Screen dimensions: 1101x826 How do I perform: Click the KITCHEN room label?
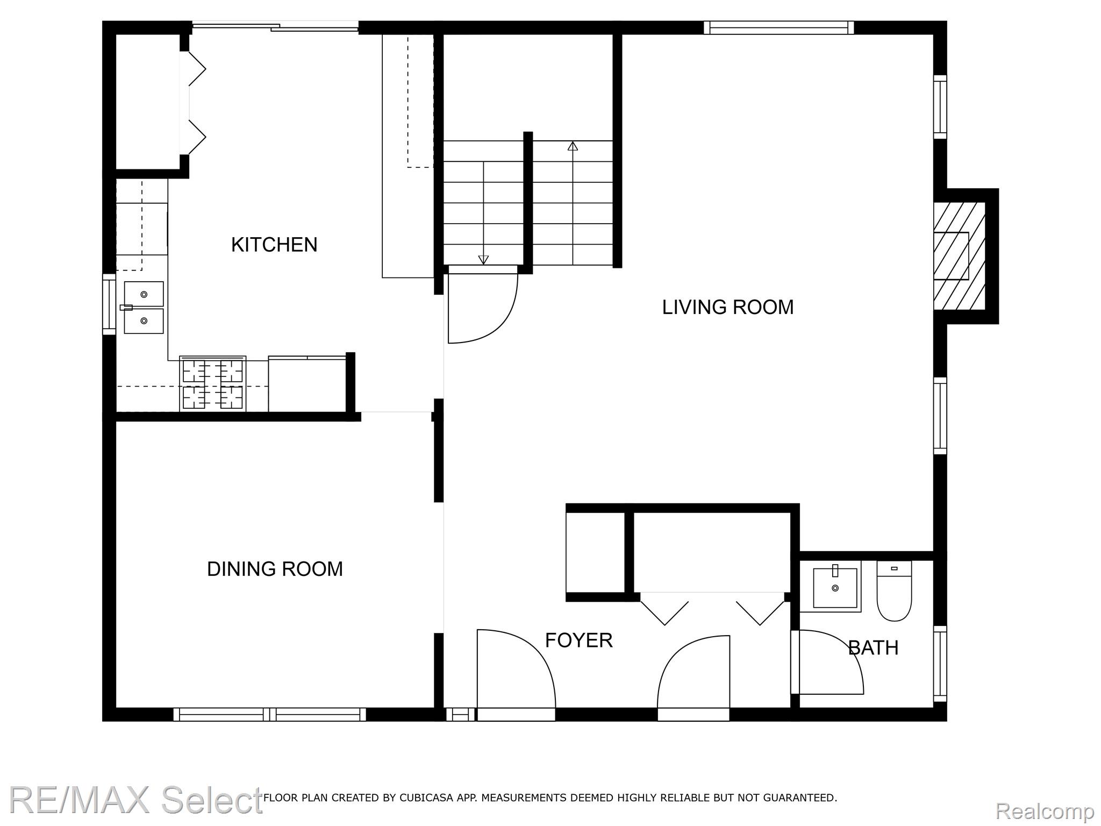(x=274, y=245)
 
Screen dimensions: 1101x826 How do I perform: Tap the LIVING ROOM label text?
(x=728, y=307)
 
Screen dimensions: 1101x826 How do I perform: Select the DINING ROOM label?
(x=275, y=569)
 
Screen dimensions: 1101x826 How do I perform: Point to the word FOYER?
(x=579, y=640)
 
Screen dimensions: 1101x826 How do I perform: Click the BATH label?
(x=874, y=648)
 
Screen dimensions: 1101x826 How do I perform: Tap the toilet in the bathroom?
(x=895, y=591)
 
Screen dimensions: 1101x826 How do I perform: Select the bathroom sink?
(x=835, y=587)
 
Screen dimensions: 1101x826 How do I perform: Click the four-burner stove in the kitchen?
(x=213, y=384)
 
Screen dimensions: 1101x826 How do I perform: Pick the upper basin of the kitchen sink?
(x=144, y=294)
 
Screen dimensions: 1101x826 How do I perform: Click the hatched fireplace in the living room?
(x=960, y=256)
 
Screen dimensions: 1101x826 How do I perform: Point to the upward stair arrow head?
(x=573, y=146)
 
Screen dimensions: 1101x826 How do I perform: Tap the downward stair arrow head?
(x=483, y=260)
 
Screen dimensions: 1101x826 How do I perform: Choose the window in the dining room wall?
(x=270, y=714)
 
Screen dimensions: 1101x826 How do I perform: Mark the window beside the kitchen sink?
(x=109, y=304)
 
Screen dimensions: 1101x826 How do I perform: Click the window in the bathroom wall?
(x=940, y=664)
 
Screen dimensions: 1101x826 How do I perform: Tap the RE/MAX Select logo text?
(x=136, y=800)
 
